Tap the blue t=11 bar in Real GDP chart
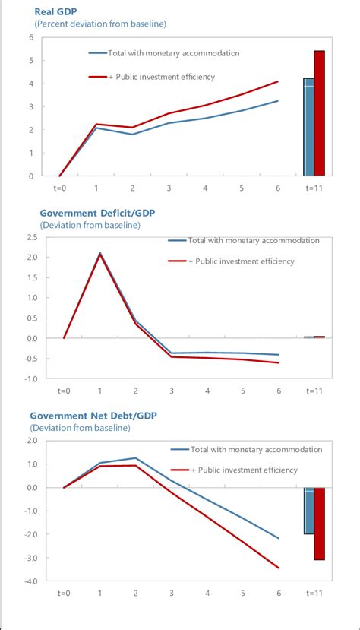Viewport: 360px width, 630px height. point(308,127)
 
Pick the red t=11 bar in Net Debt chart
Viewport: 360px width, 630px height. point(320,524)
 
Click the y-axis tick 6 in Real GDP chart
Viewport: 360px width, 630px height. point(30,37)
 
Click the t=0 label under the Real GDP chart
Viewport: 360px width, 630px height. point(59,186)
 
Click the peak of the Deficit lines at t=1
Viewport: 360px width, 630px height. point(99,254)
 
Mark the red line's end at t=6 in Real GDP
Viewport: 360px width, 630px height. point(278,81)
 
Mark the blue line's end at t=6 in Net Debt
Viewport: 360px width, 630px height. point(278,538)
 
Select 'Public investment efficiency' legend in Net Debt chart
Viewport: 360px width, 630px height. point(250,470)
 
